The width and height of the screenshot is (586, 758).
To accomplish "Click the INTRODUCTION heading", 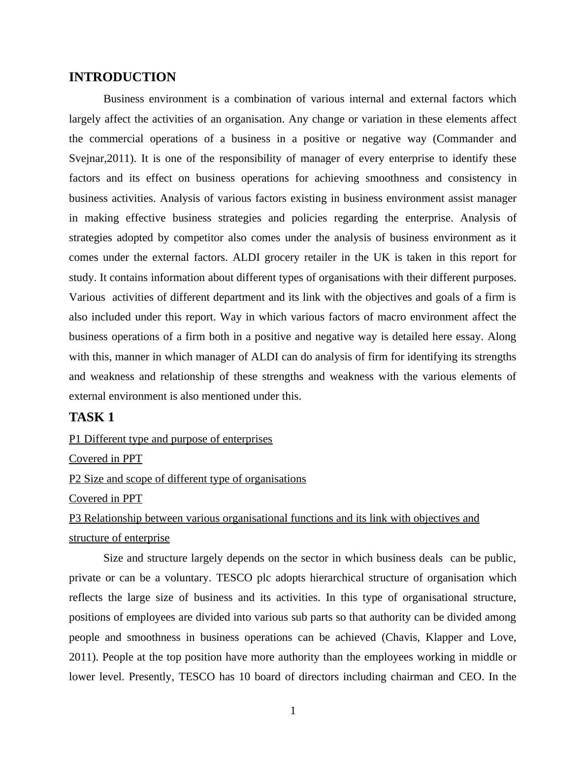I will (x=122, y=77).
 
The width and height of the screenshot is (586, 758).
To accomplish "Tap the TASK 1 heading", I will (x=92, y=417).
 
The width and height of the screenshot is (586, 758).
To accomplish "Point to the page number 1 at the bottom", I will (x=293, y=711).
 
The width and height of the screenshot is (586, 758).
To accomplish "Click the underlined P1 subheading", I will (x=170, y=439).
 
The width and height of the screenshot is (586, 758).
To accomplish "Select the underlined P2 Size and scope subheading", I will (x=187, y=479).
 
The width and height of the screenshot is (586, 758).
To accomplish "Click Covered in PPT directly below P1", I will (x=105, y=459).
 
